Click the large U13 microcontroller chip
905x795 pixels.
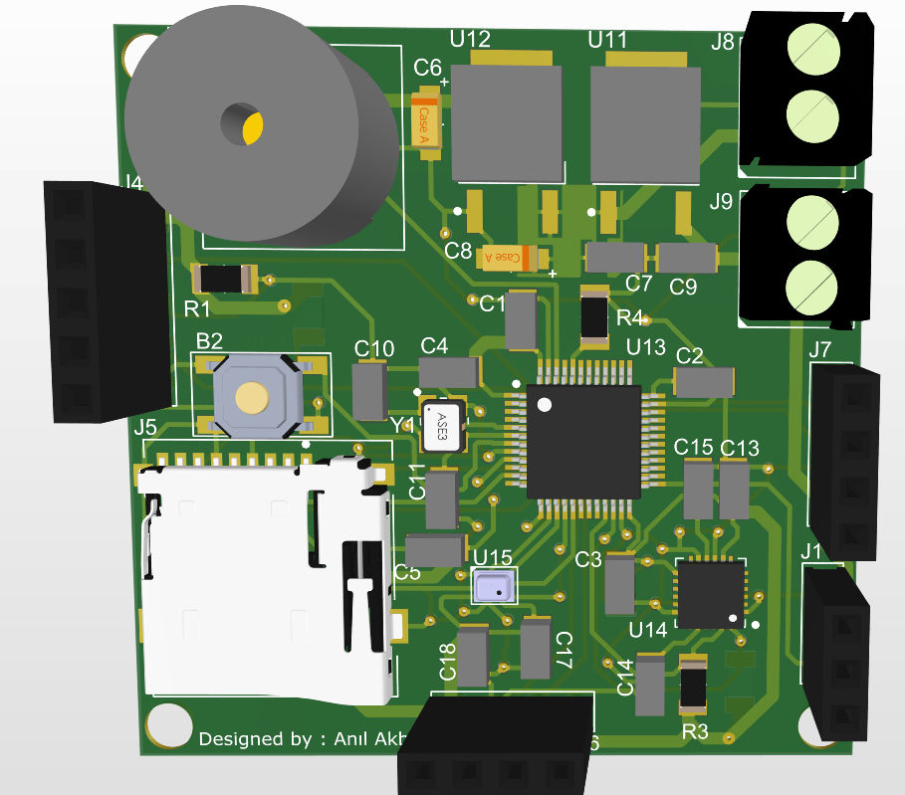(x=583, y=441)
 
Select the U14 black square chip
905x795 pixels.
(x=710, y=593)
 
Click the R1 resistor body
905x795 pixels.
(x=226, y=280)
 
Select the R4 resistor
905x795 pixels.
(x=594, y=316)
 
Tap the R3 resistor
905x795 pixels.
(x=692, y=686)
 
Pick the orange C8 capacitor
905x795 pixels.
(x=510, y=258)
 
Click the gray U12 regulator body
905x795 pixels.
(x=507, y=124)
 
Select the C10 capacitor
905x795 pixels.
(x=369, y=390)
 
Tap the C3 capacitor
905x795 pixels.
(x=619, y=584)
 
